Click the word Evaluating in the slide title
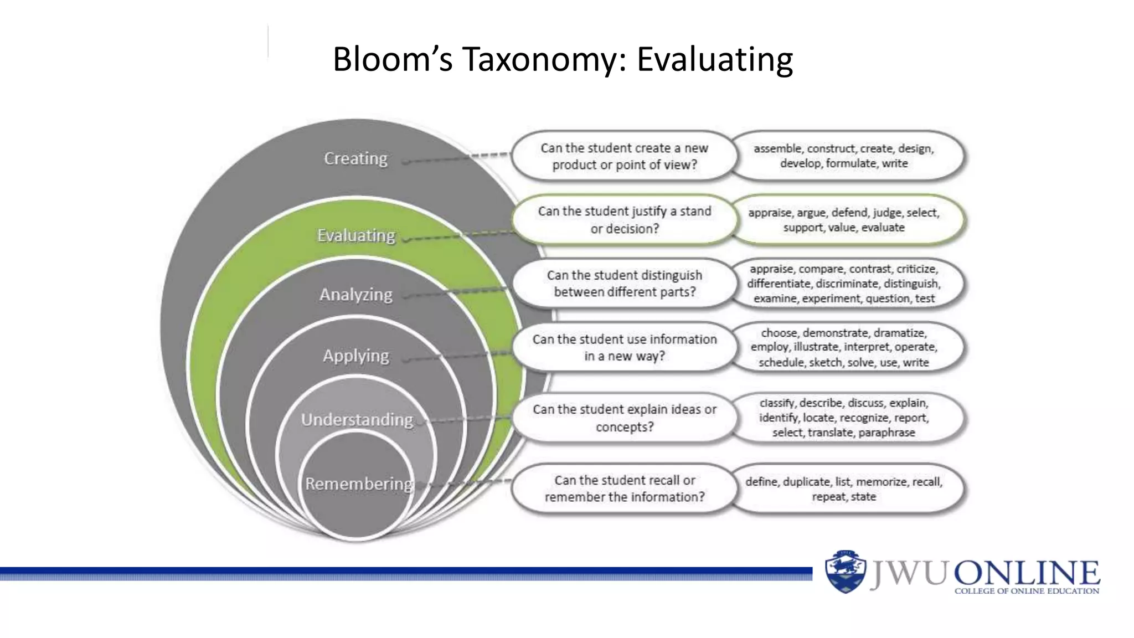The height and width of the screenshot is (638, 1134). point(714,59)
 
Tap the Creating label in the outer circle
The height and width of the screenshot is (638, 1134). point(355,158)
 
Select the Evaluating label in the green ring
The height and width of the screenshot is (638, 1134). point(356,235)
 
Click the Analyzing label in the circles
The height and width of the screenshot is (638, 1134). point(355,295)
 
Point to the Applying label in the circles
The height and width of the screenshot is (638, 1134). point(356,356)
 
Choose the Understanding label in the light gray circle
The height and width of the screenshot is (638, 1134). point(357,420)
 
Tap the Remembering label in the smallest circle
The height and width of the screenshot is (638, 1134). point(359,483)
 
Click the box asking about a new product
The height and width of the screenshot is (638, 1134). point(624,156)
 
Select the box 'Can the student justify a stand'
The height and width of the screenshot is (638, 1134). point(624,220)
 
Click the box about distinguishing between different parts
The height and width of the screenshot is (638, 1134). point(624,284)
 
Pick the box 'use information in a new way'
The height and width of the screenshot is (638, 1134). point(624,347)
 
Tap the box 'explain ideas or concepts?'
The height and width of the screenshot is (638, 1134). point(624,418)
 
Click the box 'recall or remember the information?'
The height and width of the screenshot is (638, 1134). point(624,488)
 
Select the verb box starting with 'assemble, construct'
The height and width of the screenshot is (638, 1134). point(843,156)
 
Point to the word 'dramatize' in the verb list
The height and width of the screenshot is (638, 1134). point(899,333)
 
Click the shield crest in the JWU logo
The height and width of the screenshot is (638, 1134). point(845,572)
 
